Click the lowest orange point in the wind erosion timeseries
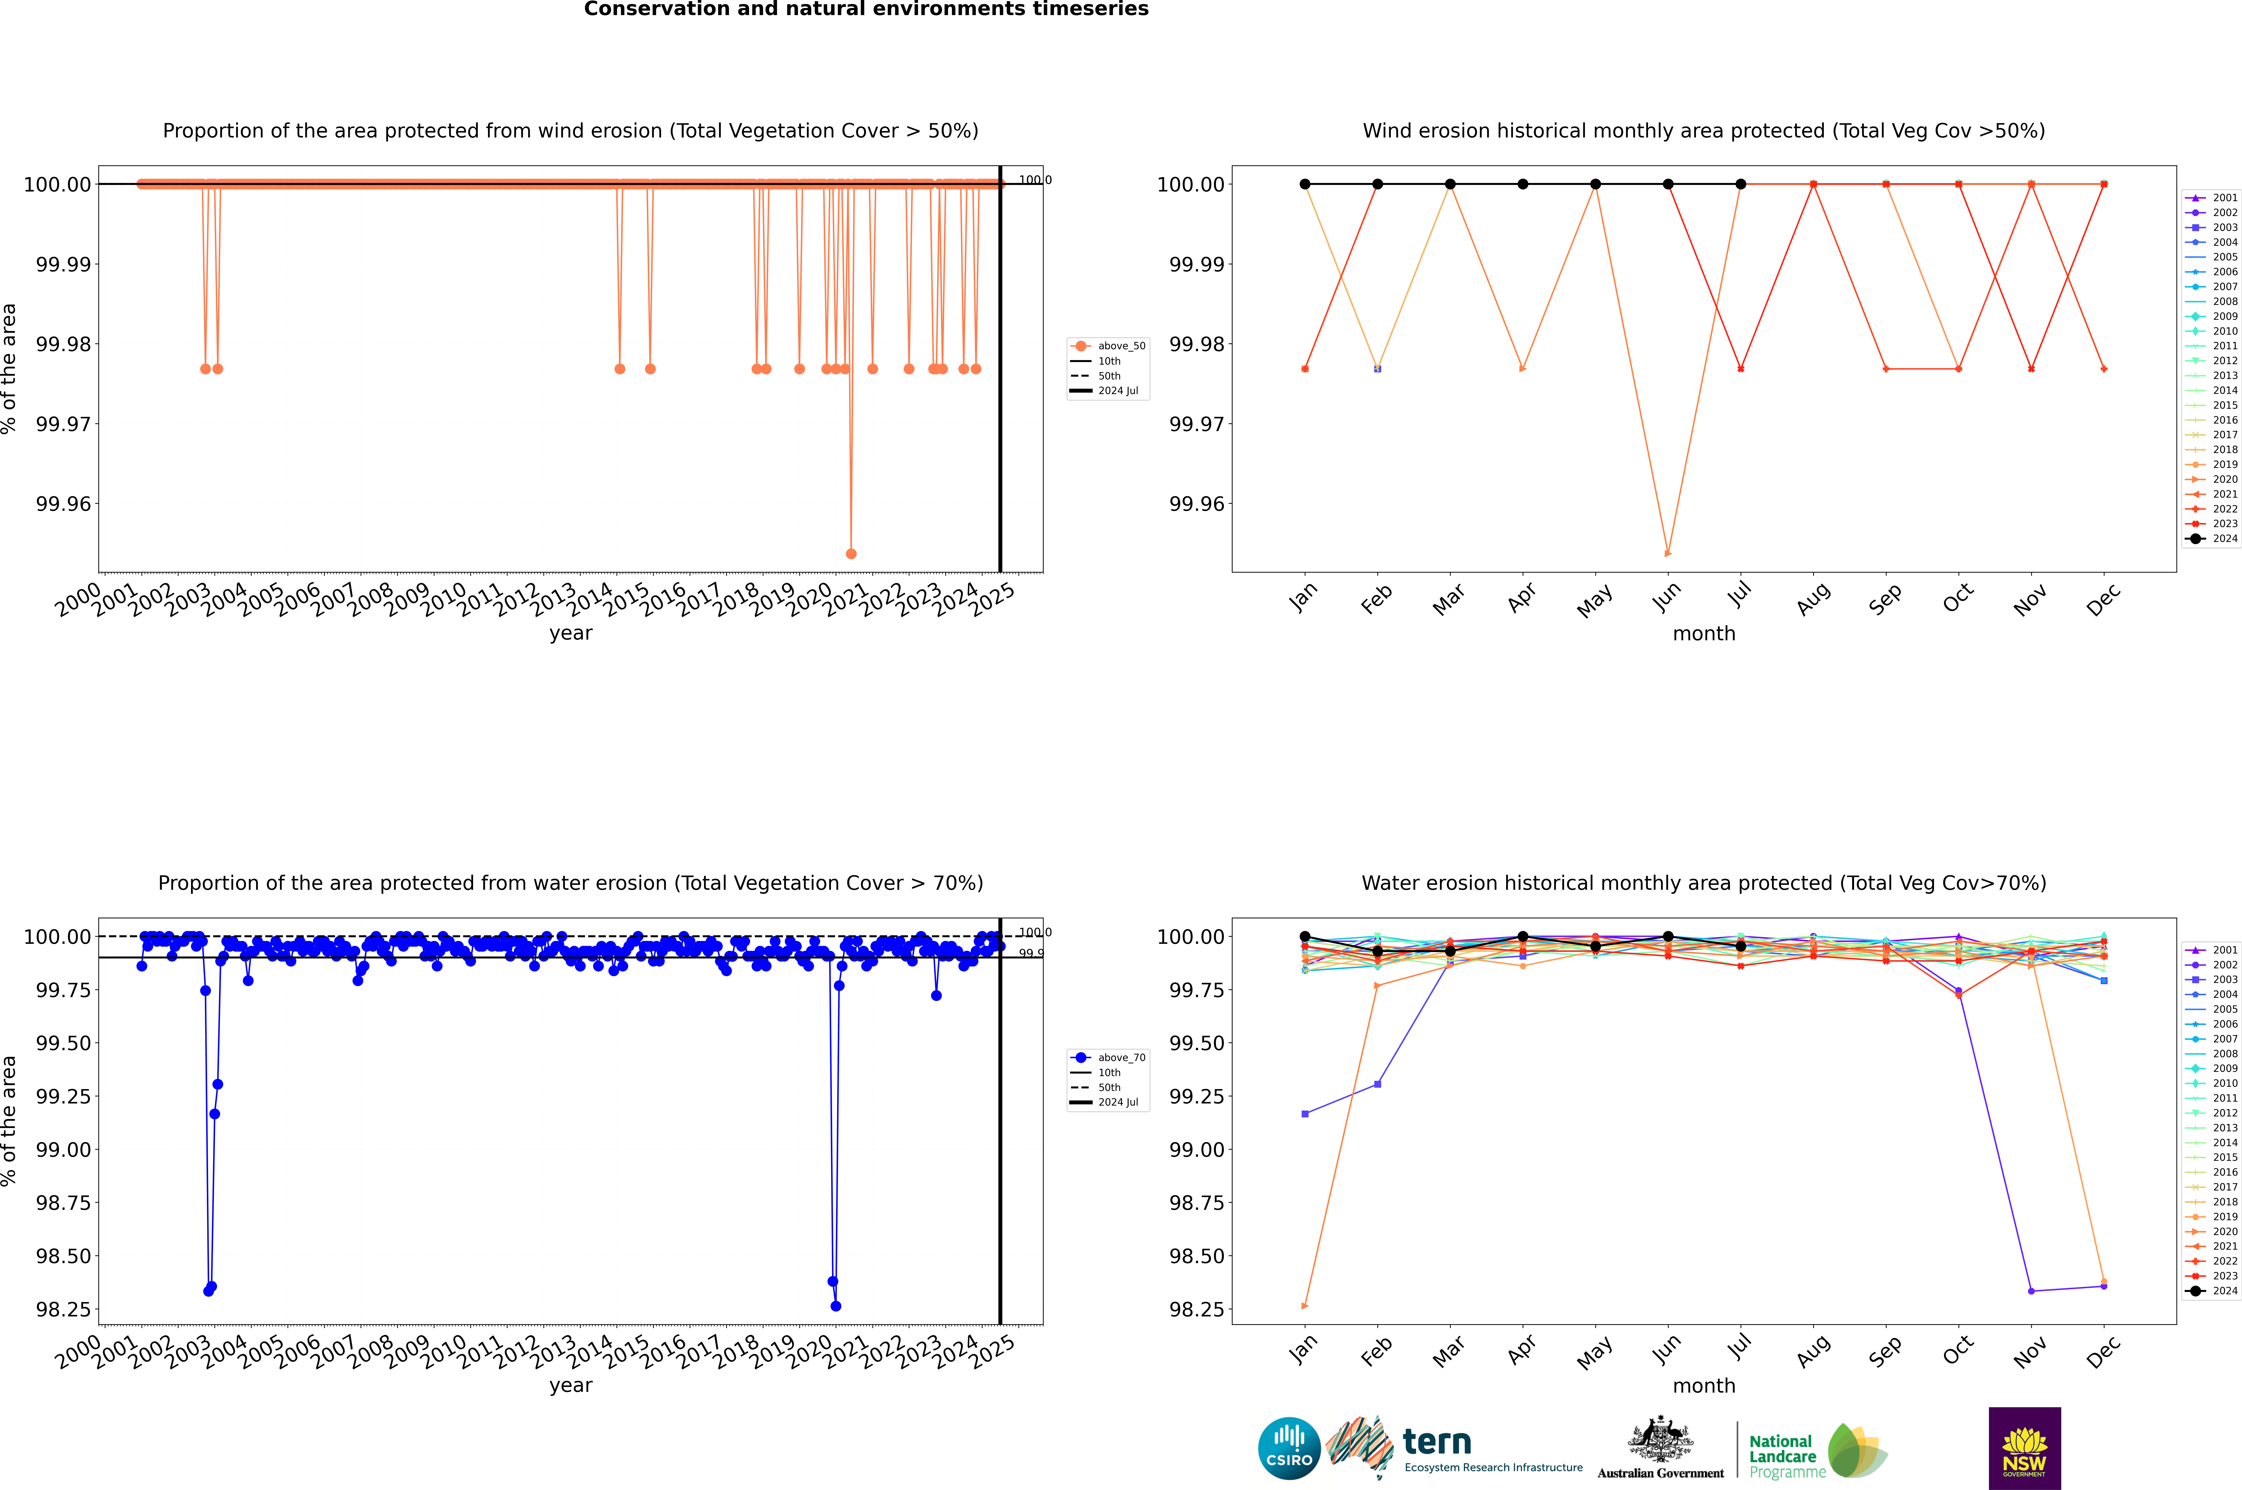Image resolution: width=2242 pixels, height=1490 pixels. pos(851,553)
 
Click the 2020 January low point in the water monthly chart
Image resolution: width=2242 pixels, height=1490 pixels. pos(1305,1306)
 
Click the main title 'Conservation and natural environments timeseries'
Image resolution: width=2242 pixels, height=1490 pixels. pos(866,9)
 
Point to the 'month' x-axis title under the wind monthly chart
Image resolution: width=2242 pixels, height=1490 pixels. pos(1703,634)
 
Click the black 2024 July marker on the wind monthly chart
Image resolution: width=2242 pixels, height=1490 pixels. pos(1740,184)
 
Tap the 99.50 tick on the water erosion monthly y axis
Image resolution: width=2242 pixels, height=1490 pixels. pos(1196,1043)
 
